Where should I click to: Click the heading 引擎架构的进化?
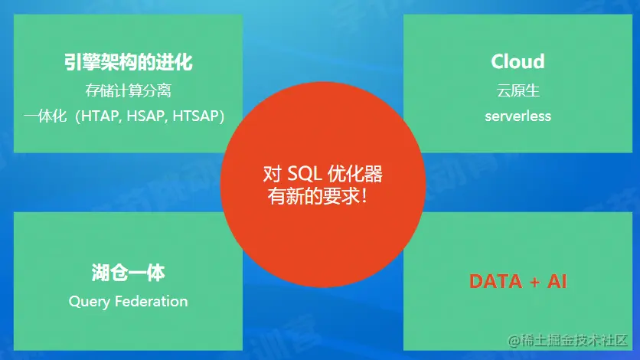click(128, 62)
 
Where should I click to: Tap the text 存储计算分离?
click(128, 90)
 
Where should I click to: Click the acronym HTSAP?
click(196, 116)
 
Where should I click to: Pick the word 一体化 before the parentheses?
click(45, 116)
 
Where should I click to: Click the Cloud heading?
click(518, 61)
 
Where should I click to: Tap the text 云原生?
click(518, 90)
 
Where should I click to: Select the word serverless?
click(518, 116)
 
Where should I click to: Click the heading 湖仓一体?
click(128, 273)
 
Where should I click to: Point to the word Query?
click(90, 302)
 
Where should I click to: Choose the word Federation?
click(152, 301)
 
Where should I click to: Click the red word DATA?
click(495, 281)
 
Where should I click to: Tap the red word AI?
click(557, 281)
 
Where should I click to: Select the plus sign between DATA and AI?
click(534, 282)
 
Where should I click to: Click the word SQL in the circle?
click(305, 174)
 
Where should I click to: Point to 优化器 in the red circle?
click(355, 174)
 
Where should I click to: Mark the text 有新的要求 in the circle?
click(313, 196)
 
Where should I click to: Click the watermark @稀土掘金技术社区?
click(568, 340)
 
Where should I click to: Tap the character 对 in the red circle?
click(273, 174)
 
